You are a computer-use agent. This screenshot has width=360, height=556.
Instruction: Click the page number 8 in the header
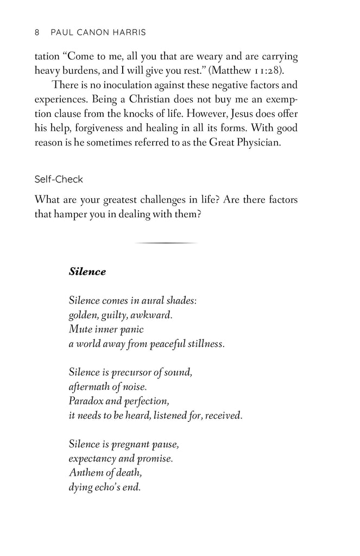(x=37, y=32)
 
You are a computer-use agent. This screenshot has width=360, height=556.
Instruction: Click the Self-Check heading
(x=58, y=179)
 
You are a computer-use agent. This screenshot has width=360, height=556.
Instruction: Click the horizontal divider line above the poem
(x=166, y=243)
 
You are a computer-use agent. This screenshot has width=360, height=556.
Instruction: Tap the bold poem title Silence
(x=87, y=272)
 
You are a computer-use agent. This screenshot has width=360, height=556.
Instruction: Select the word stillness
(x=205, y=344)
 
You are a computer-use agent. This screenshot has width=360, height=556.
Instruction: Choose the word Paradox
(x=86, y=402)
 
